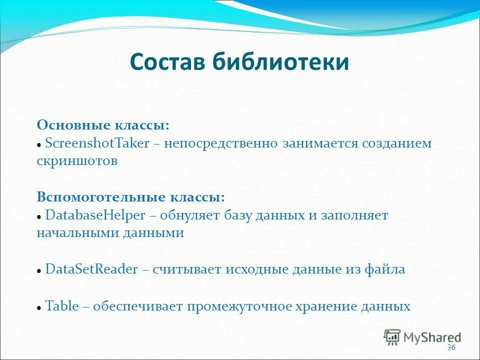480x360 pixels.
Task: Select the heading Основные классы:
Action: (x=103, y=125)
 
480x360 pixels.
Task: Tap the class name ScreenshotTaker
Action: (x=97, y=143)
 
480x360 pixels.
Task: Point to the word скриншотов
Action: (x=77, y=161)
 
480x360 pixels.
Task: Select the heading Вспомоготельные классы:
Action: (x=130, y=197)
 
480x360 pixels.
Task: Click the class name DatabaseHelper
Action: (x=95, y=215)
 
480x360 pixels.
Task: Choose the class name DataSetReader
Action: (x=91, y=269)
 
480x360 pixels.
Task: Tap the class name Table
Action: (x=62, y=306)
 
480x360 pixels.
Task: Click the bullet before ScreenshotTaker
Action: (x=39, y=145)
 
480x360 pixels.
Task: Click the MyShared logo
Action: (x=422, y=336)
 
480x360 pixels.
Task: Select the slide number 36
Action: (x=451, y=347)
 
